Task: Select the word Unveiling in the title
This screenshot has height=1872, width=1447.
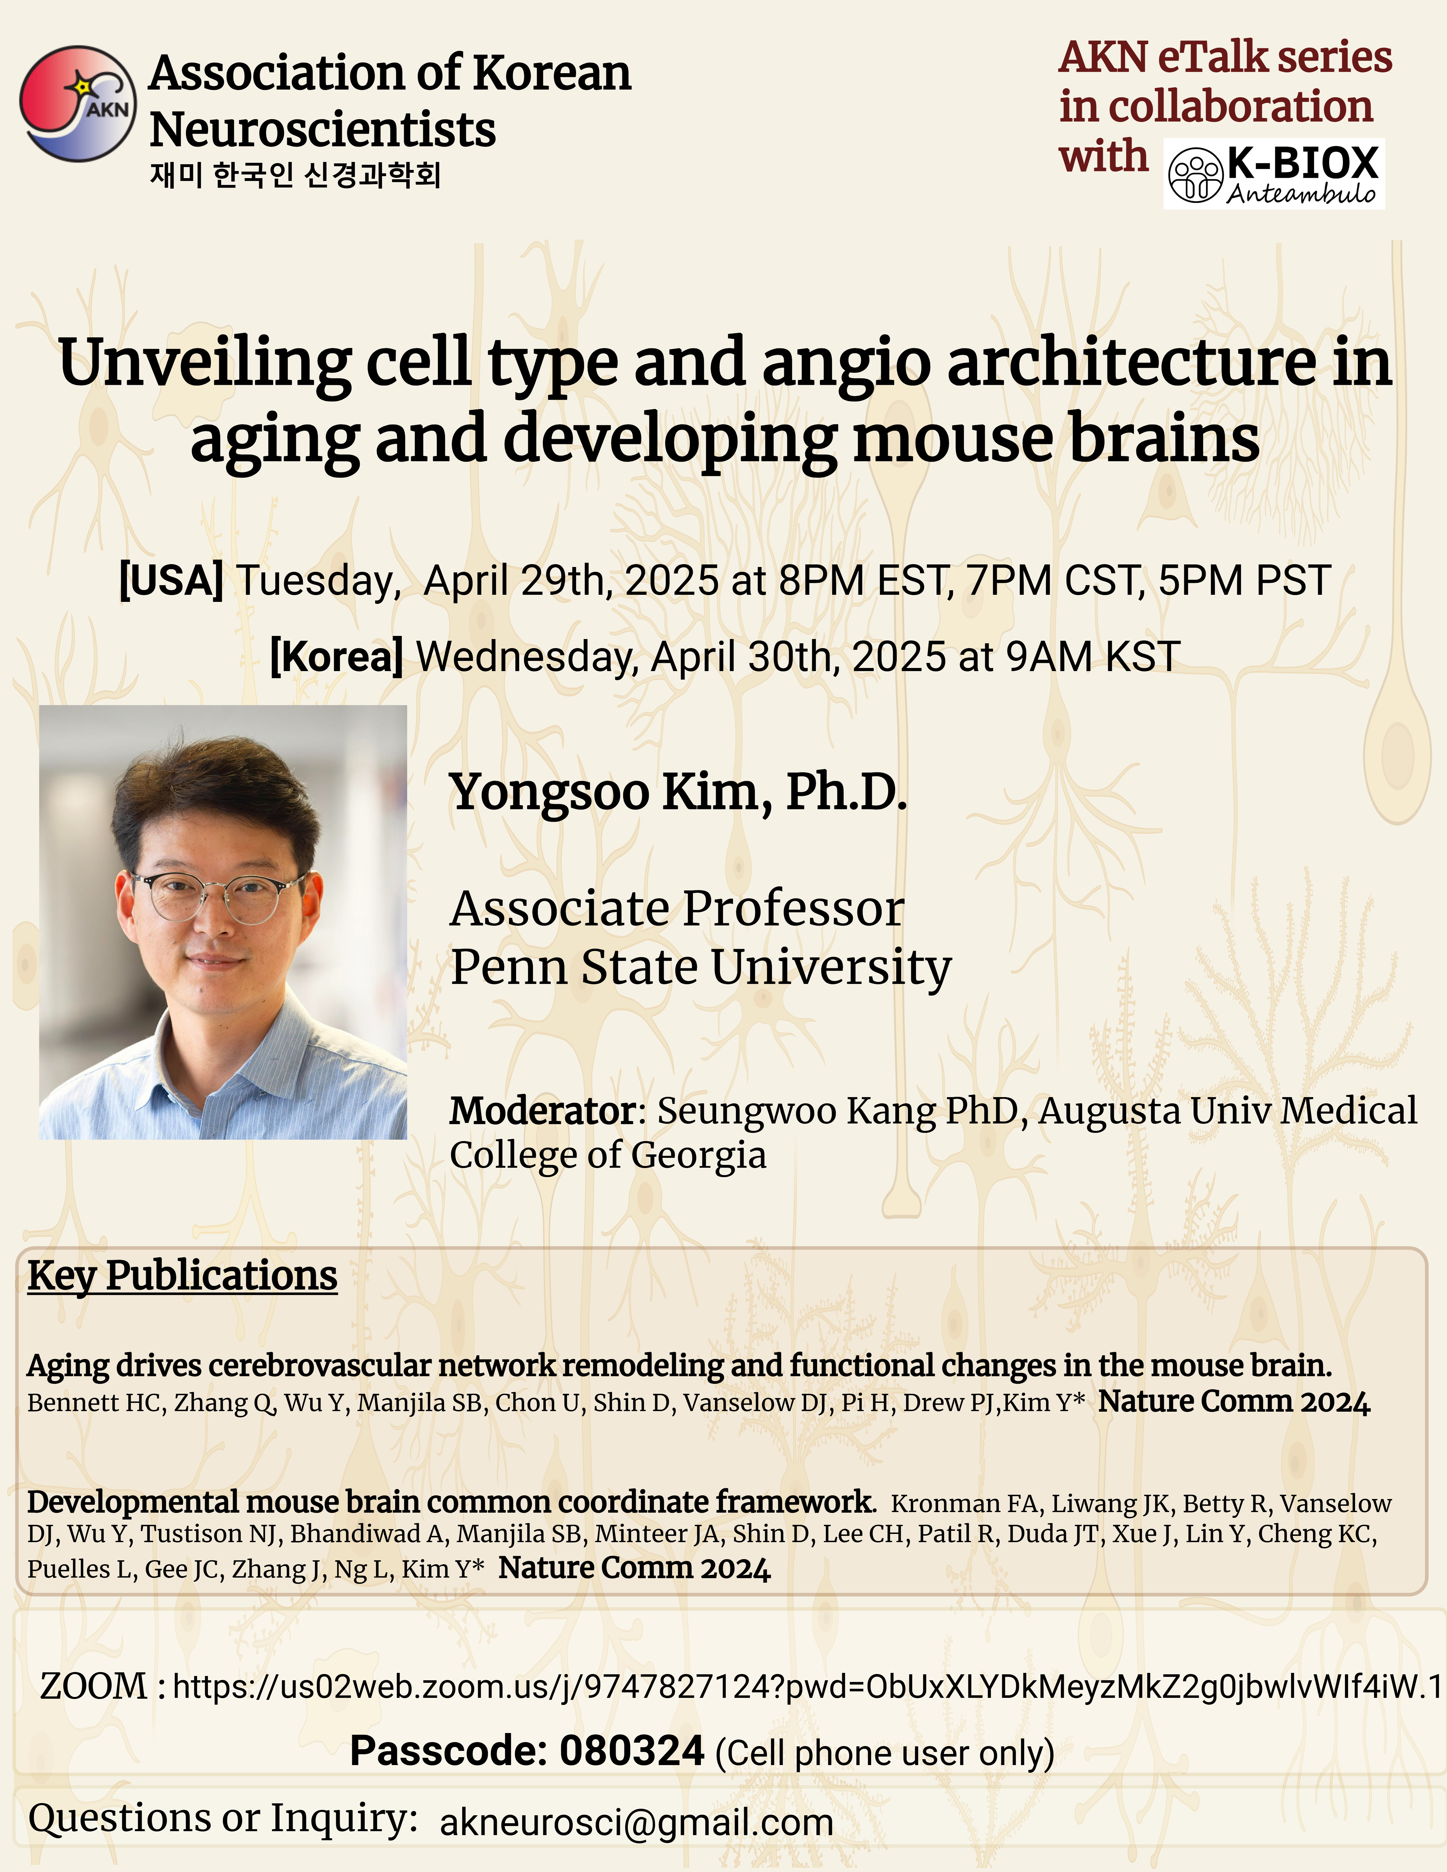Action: pos(204,362)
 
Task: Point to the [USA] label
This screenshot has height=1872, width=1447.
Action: pos(171,580)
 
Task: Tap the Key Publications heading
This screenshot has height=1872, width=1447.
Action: pos(183,1276)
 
